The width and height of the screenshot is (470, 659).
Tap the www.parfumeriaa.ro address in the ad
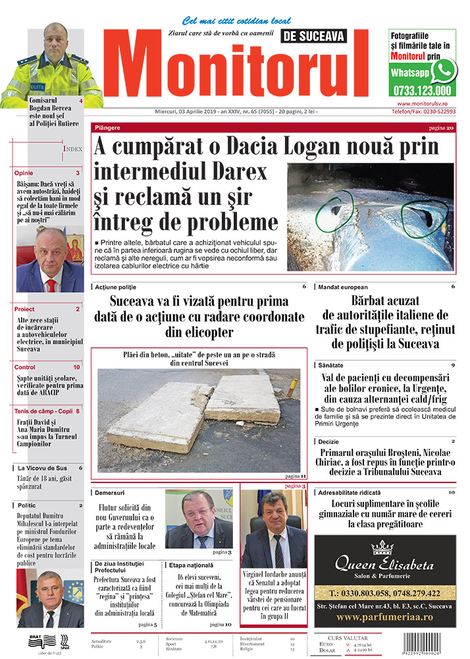[384, 617]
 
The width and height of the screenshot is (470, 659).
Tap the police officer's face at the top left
[55, 43]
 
